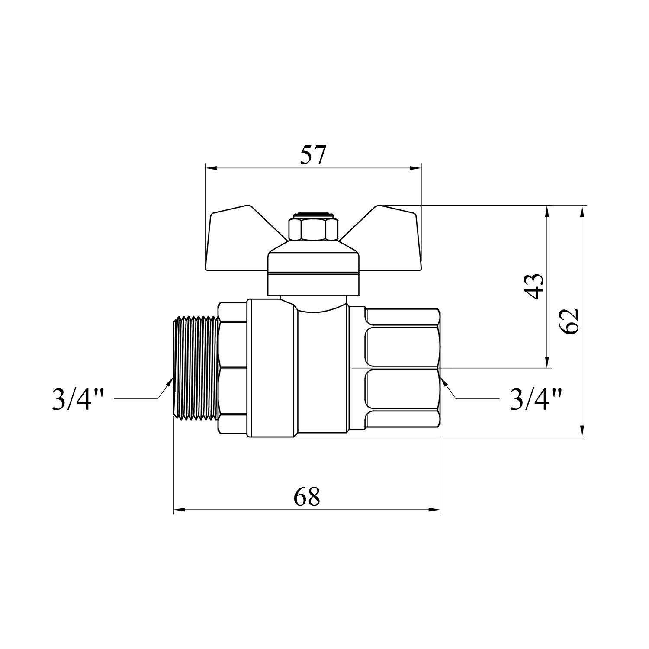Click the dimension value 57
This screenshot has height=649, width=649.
pos(312,155)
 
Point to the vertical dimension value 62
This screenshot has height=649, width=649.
pos(569,321)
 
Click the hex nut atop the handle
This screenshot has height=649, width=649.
pos(313,229)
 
